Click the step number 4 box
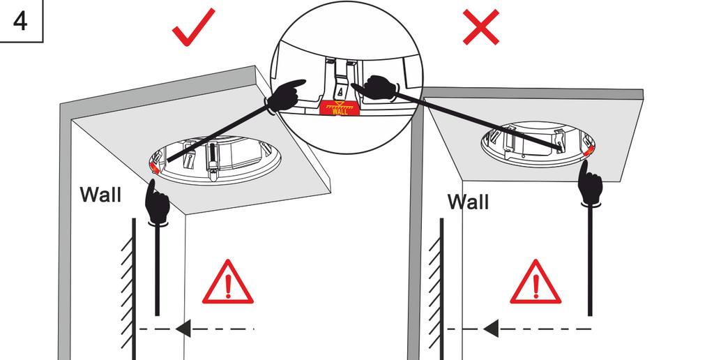click(x=20, y=20)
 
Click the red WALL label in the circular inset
click(x=339, y=108)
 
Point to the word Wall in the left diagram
click(x=100, y=194)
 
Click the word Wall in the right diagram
click(x=468, y=202)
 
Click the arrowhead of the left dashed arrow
click(x=183, y=328)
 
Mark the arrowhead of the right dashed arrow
click(x=491, y=328)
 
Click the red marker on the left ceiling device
click(x=153, y=166)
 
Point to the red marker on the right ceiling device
click(x=590, y=150)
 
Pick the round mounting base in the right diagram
click(x=537, y=144)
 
